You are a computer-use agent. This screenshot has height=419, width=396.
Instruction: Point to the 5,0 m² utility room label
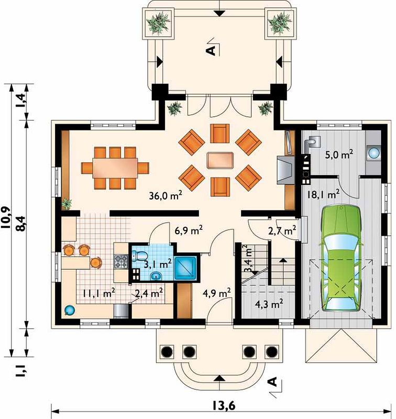click(339, 154)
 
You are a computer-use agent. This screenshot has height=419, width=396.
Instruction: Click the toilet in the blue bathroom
click(139, 256)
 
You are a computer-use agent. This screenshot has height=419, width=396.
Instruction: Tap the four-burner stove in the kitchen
click(121, 262)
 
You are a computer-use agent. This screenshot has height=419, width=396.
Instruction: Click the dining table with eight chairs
click(115, 168)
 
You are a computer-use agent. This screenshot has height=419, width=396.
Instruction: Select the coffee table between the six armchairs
click(220, 160)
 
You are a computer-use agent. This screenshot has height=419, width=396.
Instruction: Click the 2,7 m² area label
click(282, 230)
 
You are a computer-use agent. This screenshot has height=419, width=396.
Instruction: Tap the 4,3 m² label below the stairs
click(269, 304)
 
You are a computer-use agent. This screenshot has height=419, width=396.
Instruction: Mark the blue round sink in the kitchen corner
click(69, 311)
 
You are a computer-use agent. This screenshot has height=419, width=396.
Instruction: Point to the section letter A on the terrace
click(212, 50)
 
